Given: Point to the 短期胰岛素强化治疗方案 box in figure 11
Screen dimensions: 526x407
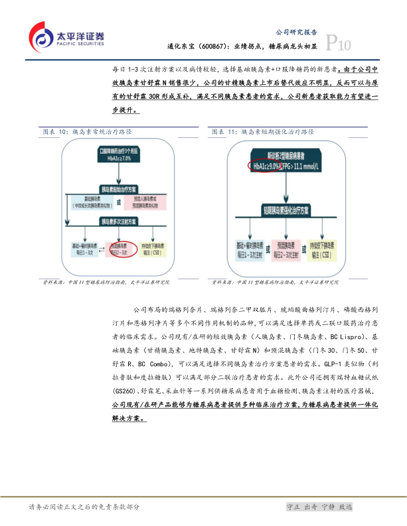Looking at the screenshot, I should pyautogui.click(x=287, y=213).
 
